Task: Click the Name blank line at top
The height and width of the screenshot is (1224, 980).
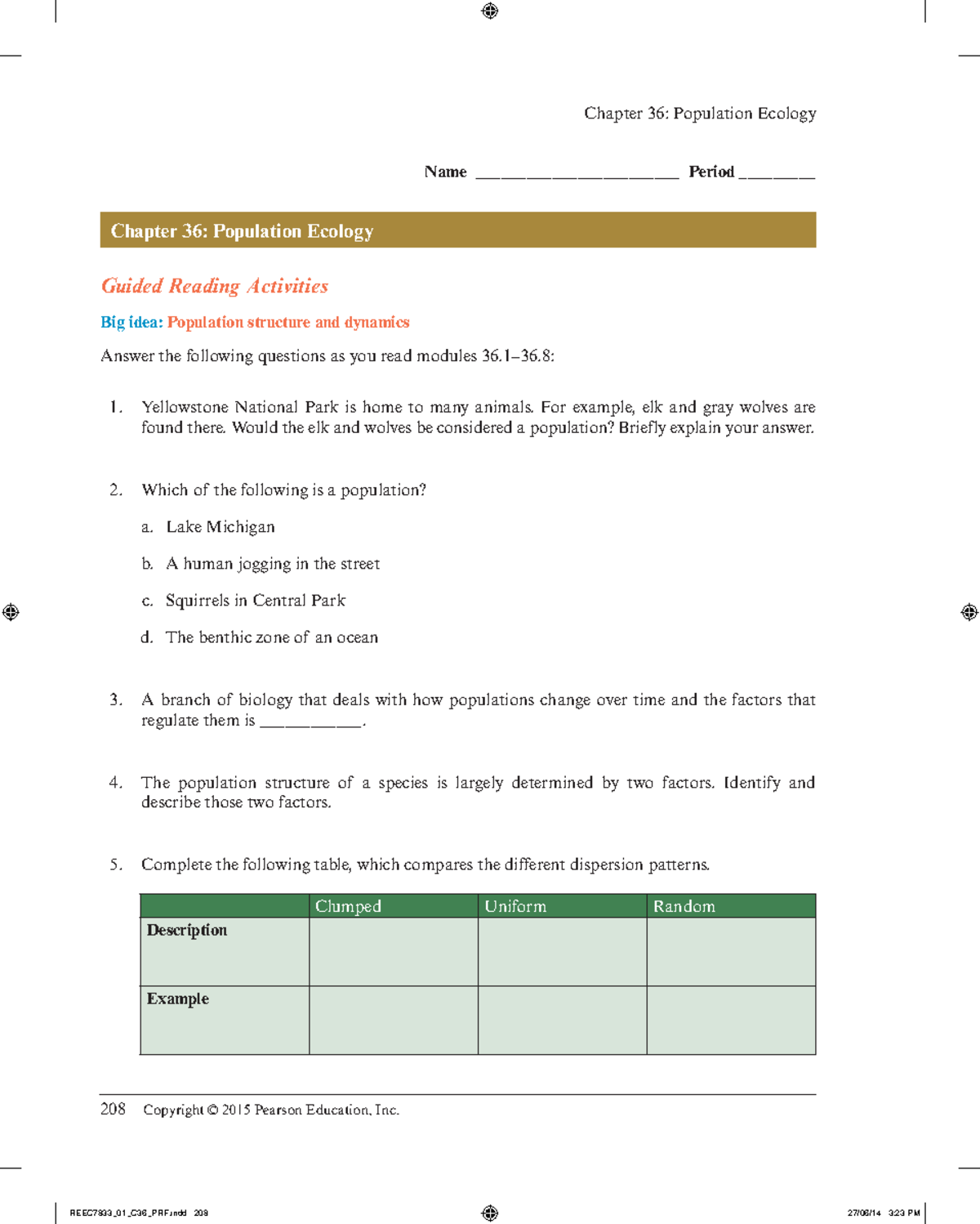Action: [x=577, y=174]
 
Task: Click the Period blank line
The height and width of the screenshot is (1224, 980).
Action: [x=777, y=174]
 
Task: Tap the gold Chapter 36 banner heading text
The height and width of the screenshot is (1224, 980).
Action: [x=242, y=231]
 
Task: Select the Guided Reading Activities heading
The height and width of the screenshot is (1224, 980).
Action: [x=215, y=286]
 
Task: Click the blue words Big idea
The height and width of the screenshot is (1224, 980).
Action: [x=131, y=322]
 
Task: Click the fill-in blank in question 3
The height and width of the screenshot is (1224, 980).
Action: [x=310, y=722]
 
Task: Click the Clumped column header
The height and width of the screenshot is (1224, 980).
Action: [x=348, y=906]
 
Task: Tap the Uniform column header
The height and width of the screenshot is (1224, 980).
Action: [x=515, y=906]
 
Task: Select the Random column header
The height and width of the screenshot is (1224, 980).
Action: [x=684, y=906]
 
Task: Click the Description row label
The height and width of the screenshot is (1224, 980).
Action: [x=187, y=930]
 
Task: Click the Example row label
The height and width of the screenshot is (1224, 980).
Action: [x=178, y=998]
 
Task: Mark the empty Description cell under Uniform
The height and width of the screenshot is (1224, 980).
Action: [x=562, y=952]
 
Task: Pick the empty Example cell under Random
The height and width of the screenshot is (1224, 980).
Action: [x=731, y=1020]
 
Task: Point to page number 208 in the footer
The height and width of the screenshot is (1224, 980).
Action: [x=113, y=1109]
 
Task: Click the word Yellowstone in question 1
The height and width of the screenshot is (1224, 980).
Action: [x=185, y=407]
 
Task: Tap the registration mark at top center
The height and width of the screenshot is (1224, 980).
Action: [x=490, y=11]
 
